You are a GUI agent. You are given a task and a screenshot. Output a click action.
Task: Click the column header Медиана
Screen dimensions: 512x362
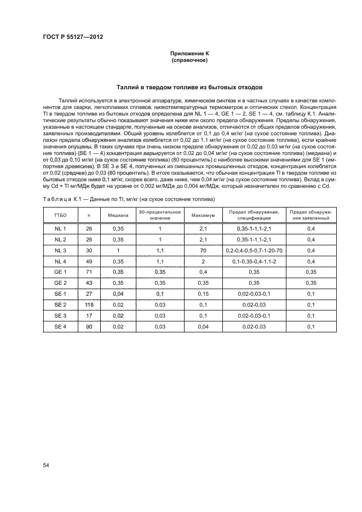(117, 215)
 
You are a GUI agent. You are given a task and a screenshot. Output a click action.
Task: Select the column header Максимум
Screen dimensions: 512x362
(203, 215)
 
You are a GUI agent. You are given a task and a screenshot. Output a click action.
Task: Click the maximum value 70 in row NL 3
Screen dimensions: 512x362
(203, 250)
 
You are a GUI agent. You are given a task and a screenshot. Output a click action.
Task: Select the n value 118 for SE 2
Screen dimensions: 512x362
(89, 304)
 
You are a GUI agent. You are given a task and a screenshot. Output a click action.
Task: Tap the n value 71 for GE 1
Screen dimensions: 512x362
(89, 272)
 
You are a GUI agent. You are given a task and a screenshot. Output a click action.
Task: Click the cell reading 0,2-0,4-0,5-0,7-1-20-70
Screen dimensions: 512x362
(253, 250)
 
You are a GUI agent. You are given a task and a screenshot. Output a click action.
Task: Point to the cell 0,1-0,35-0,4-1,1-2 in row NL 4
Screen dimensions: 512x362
(253, 261)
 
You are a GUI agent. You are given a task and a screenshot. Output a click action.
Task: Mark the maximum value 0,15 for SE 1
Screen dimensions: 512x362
(203, 294)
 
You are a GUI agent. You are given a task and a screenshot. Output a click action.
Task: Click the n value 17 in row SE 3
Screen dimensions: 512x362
(89, 315)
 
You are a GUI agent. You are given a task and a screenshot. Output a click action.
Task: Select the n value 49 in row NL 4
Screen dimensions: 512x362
(89, 261)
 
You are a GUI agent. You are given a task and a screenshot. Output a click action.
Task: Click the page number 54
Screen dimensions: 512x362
(46, 465)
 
